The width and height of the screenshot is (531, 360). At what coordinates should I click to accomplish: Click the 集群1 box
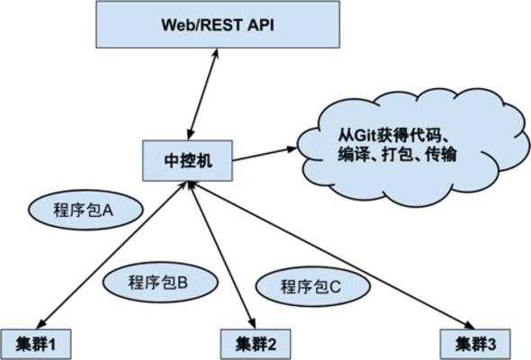[x=35, y=343]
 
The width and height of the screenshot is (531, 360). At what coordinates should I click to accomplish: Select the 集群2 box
[x=256, y=343]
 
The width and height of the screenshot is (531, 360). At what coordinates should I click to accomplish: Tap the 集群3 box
[x=477, y=343]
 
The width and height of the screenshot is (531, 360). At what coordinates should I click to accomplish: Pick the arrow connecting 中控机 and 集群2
[x=220, y=256]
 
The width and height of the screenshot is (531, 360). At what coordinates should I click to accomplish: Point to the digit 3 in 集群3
[x=492, y=343]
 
